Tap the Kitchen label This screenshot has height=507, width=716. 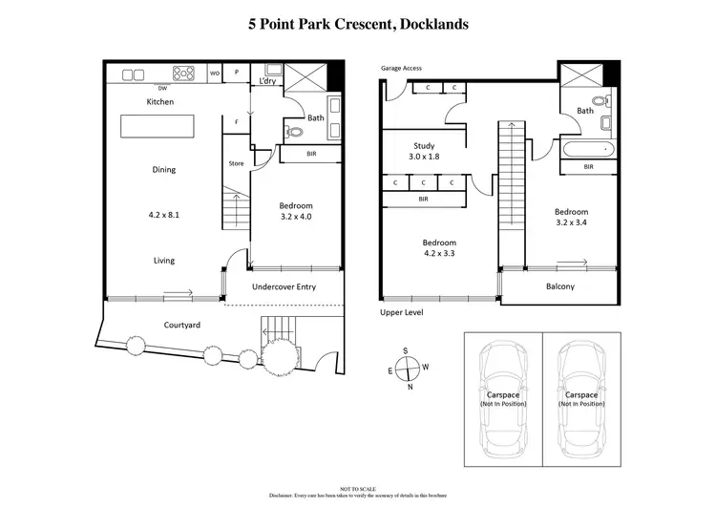pos(159,101)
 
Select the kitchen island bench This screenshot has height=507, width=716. pos(156,126)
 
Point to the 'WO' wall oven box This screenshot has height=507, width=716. pos(214,73)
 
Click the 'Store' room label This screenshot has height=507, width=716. pos(236,163)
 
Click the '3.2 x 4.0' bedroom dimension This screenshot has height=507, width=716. pos(295,217)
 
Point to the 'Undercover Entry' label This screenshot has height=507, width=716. pos(284,286)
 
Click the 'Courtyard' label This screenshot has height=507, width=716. pos(181,326)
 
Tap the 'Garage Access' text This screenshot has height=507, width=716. pos(401,69)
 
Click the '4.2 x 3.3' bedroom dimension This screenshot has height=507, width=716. pos(439,254)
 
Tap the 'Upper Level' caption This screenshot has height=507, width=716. pos(401,312)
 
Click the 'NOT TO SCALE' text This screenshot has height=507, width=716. pos(358,488)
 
